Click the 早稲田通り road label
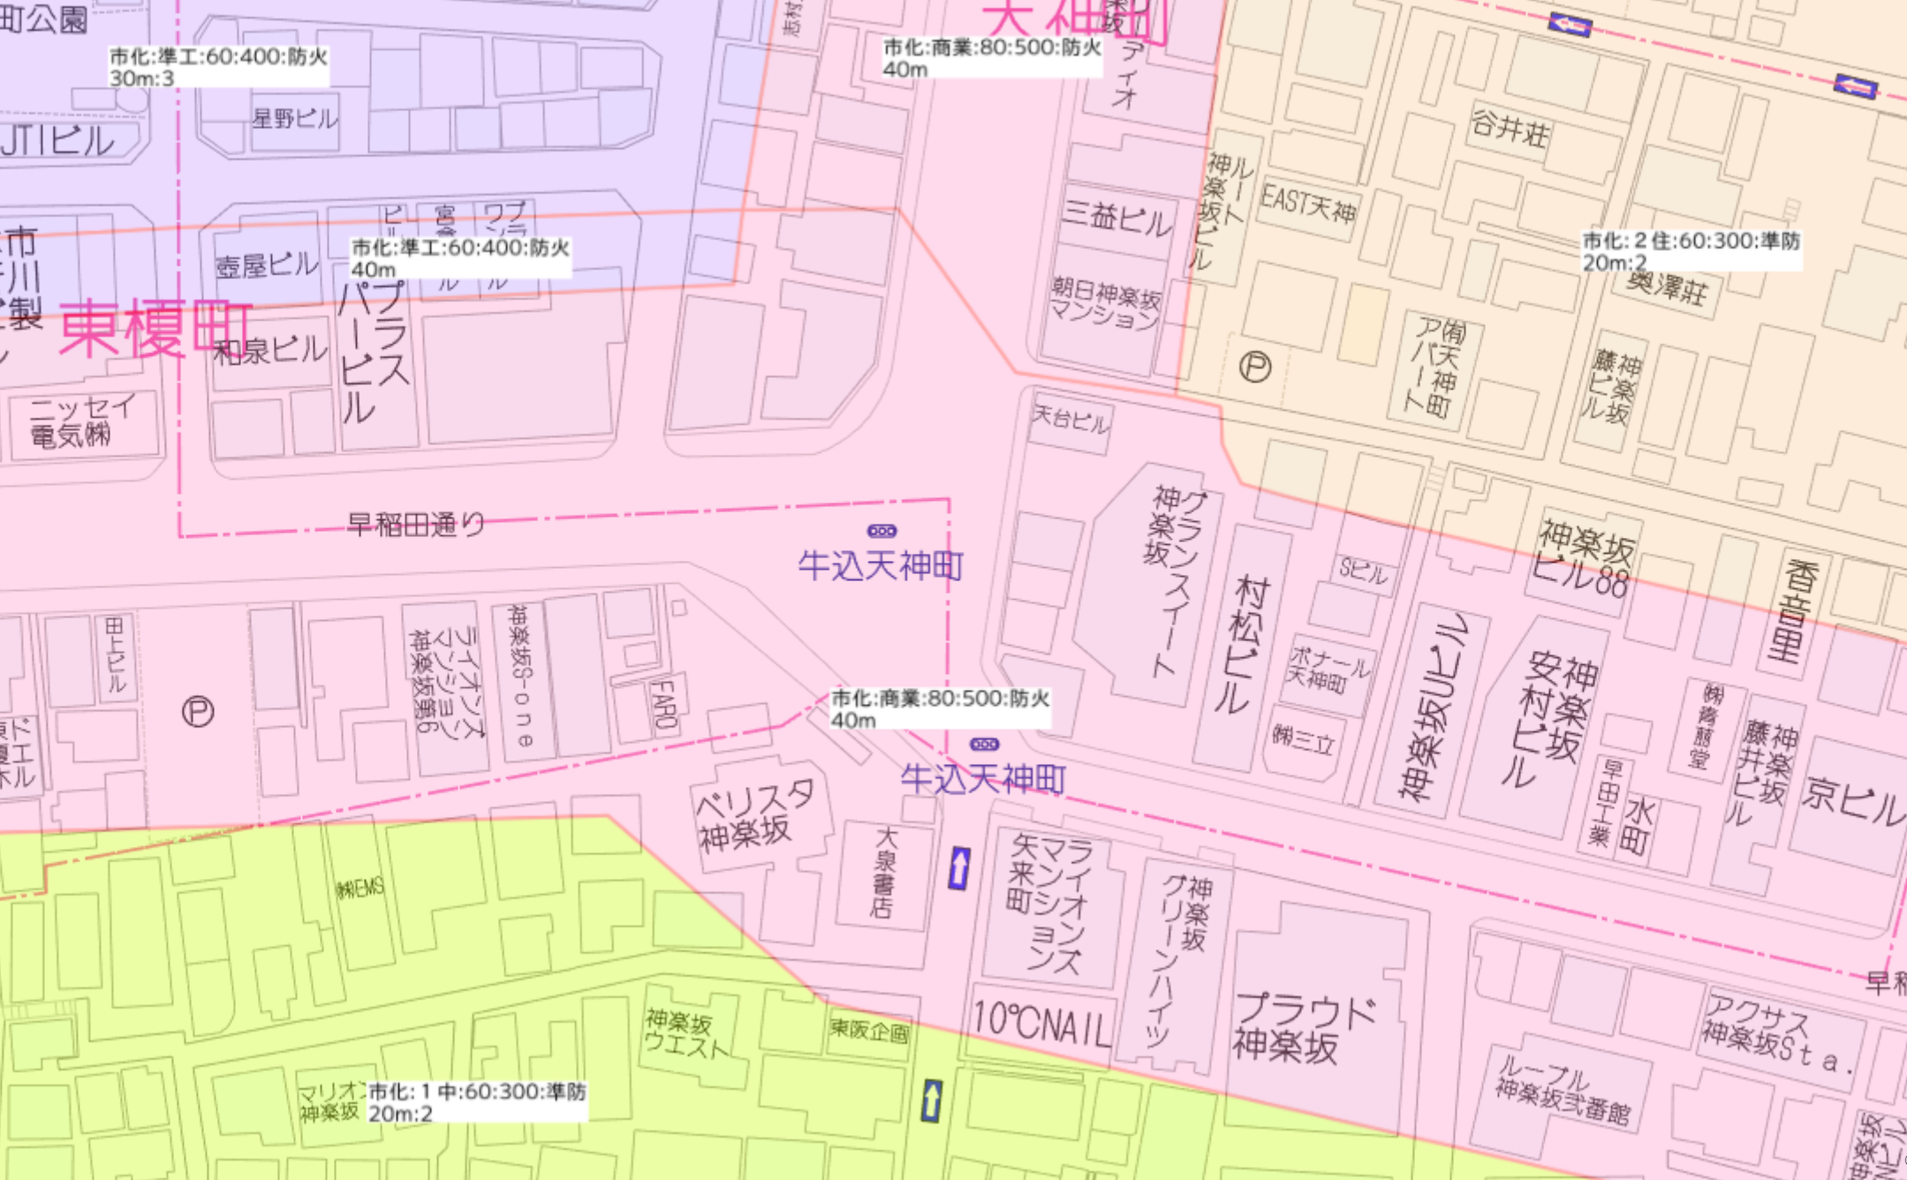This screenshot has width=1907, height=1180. click(x=416, y=526)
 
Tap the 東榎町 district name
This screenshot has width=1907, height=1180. click(x=155, y=329)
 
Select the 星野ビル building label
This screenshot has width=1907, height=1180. click(x=295, y=117)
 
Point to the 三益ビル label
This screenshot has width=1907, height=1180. click(x=1117, y=217)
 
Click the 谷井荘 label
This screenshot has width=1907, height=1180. click(x=1510, y=129)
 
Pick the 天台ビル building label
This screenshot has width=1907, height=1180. click(x=1071, y=419)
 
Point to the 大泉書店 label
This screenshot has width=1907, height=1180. click(x=883, y=872)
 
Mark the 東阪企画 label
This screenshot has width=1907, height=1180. click(x=869, y=1030)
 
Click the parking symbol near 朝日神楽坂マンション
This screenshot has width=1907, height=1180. click(x=1255, y=367)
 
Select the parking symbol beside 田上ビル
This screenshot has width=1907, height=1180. click(x=198, y=712)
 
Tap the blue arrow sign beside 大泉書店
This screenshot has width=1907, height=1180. click(x=959, y=868)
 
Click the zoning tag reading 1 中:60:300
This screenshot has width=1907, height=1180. click(x=477, y=1102)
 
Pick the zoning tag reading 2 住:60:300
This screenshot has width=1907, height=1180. click(x=1691, y=251)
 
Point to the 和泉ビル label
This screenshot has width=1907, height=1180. click(x=270, y=351)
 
